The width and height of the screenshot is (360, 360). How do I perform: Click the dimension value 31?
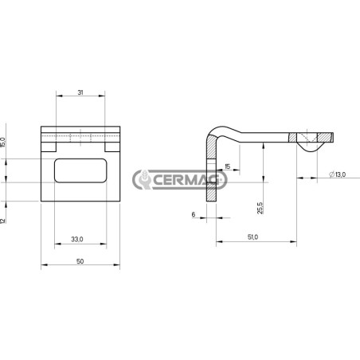[80, 92]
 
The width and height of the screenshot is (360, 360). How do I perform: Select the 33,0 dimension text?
[77, 239]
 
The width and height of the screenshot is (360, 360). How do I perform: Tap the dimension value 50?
[80, 261]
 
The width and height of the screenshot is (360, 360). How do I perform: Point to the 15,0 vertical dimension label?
[3, 142]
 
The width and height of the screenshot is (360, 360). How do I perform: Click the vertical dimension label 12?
[2, 221]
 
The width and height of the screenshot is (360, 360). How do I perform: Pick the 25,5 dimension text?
[260, 208]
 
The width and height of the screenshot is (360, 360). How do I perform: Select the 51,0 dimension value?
[252, 237]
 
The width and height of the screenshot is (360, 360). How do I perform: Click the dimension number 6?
[194, 214]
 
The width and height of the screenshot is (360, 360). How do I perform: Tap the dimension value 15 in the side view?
[228, 166]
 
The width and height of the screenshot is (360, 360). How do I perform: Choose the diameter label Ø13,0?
[337, 174]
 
